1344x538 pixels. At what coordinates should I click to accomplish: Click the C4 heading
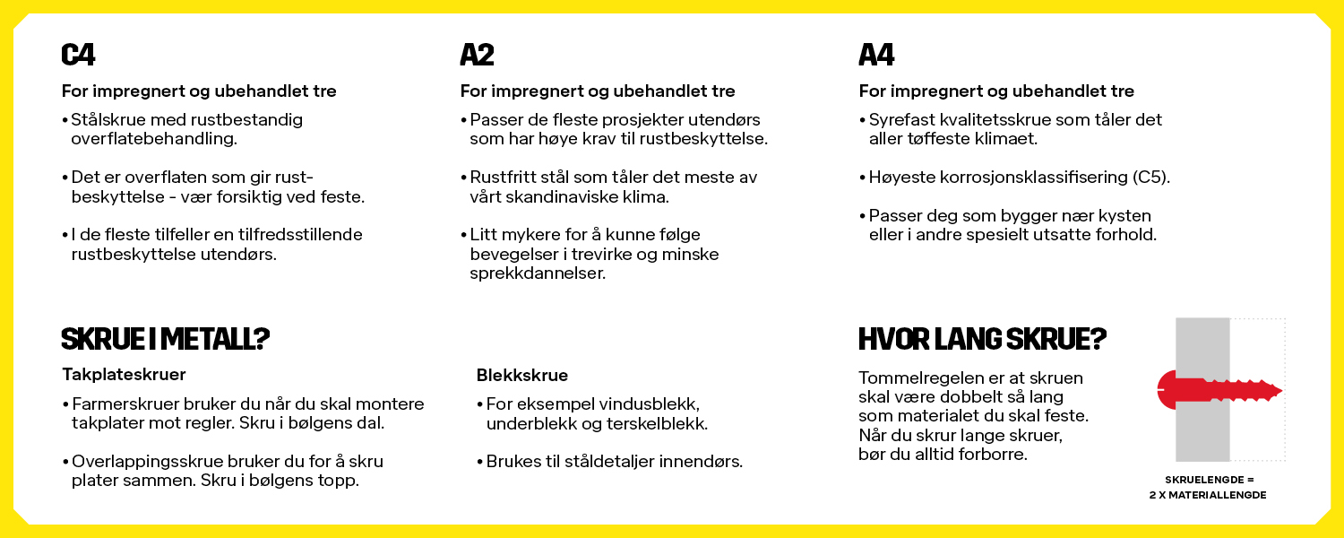[x=78, y=56]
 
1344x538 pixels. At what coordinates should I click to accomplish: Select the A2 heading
[x=477, y=56]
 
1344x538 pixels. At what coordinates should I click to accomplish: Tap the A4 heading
[x=876, y=56]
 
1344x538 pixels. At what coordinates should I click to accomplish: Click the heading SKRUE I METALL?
[x=166, y=339]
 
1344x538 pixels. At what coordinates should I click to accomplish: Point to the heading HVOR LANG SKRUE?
[x=982, y=339]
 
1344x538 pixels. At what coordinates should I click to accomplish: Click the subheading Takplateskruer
[x=124, y=374]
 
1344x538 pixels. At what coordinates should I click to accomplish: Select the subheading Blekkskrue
[x=522, y=375]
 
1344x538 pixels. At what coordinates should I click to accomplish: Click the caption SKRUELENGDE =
[x=1208, y=480]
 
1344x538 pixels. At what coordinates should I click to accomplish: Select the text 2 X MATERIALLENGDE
[x=1208, y=495]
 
